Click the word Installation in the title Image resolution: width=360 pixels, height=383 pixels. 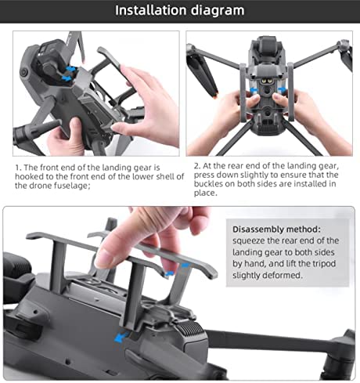point(151,10)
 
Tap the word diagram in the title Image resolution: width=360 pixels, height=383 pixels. point(218,11)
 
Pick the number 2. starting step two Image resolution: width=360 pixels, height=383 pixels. point(197,166)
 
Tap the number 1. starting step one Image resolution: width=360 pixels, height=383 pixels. point(18,168)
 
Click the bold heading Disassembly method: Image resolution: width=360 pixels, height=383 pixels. point(276,229)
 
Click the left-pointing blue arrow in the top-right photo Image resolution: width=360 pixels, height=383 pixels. point(254,91)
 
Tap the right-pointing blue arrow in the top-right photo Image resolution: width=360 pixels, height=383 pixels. point(282,90)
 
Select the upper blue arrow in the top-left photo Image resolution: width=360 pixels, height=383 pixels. point(70,69)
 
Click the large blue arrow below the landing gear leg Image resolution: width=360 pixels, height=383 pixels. point(121,338)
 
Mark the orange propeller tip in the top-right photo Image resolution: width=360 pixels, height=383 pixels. point(215,96)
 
